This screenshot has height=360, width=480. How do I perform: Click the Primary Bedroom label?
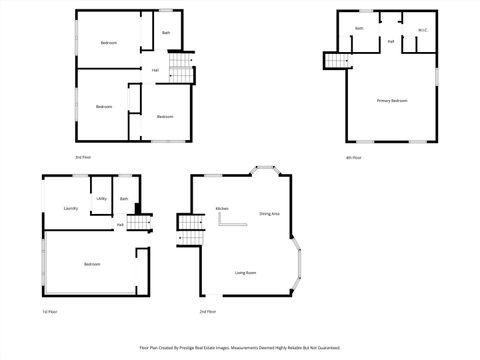[x=392, y=101]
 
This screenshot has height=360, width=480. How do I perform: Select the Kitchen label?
[x=222, y=208]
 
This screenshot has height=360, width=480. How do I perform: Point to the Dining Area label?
[x=269, y=214]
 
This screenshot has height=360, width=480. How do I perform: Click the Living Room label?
[x=246, y=272]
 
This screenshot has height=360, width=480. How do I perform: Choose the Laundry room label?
[x=71, y=208]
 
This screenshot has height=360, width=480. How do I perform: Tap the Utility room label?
[x=101, y=198]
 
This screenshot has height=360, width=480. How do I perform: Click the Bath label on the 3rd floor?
[x=166, y=33]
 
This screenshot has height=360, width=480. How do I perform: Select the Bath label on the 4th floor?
[x=358, y=28]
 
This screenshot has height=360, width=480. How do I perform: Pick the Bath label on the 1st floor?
[x=124, y=198]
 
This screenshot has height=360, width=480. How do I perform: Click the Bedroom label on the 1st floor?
[x=92, y=264]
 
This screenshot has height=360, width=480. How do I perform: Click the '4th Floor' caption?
[x=353, y=157]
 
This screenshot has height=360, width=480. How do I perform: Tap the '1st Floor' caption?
[x=50, y=312]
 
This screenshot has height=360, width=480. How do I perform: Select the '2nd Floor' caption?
[x=208, y=312]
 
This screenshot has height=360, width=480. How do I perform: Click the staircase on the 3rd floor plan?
[x=179, y=68]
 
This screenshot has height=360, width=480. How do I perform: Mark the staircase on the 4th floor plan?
[x=333, y=61]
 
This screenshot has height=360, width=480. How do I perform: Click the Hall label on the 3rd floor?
[x=155, y=70]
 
